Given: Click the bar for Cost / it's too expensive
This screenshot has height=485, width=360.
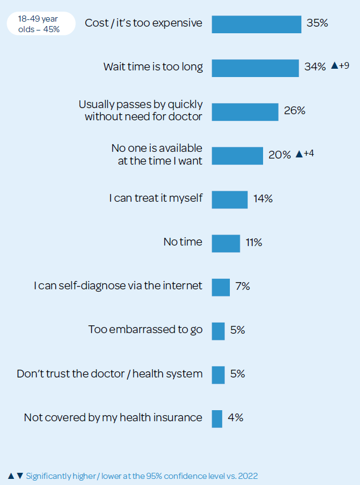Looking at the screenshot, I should [256, 24].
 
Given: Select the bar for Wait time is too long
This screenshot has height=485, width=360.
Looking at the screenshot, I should [255, 68].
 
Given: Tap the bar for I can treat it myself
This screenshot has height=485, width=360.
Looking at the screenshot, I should [229, 199].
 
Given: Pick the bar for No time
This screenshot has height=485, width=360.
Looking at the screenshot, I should [226, 243].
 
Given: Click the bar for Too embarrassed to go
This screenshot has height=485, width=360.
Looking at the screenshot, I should [218, 330].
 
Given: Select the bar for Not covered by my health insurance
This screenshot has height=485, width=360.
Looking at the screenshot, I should [217, 418].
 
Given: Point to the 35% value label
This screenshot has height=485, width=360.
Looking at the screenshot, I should [317, 23].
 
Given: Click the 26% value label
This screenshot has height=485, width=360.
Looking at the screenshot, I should [295, 111].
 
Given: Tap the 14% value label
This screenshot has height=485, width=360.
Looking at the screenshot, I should [263, 198].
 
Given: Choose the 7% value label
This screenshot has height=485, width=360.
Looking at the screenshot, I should [243, 286].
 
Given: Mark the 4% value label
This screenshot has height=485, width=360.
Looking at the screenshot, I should [235, 418].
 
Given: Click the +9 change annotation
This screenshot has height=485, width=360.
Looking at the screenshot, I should [343, 66].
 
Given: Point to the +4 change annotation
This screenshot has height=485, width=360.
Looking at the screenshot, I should [308, 154].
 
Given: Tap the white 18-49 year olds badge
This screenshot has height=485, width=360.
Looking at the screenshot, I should [41, 24].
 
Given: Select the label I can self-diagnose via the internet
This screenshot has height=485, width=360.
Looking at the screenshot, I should [118, 286].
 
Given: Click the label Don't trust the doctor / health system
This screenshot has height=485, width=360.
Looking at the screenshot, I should [110, 374].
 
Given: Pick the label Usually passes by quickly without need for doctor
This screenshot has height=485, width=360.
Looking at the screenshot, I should [141, 110].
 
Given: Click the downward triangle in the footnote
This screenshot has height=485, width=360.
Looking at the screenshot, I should [20, 476].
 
